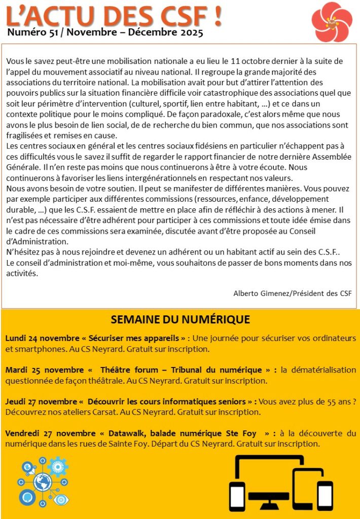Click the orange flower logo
click(x=332, y=21)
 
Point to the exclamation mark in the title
click(x=218, y=16)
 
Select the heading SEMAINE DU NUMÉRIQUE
click(x=180, y=319)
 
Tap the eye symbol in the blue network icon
click(x=62, y=499)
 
